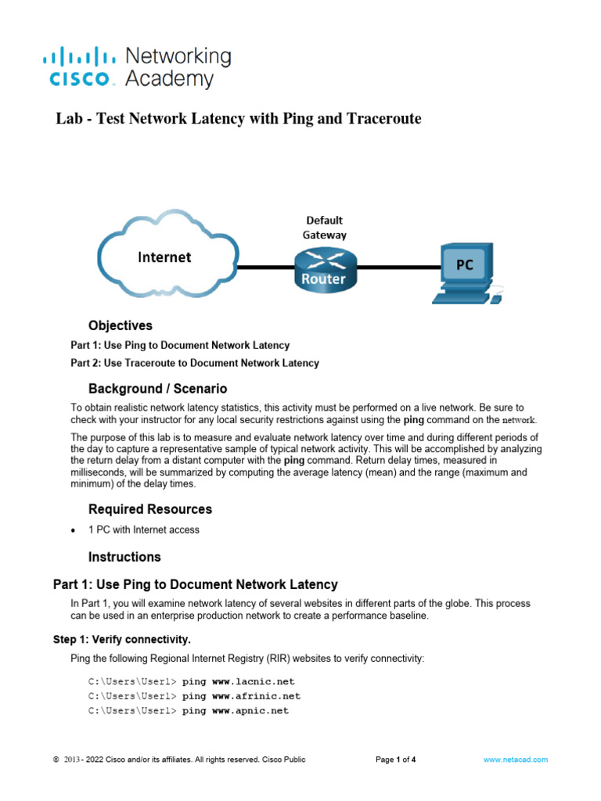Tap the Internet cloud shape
(x=164, y=257)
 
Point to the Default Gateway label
(x=324, y=227)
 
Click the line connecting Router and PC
(x=395, y=268)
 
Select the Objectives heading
(x=120, y=325)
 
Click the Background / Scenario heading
(x=157, y=389)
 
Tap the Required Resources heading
(x=149, y=509)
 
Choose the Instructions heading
(x=124, y=557)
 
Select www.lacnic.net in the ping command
(x=253, y=681)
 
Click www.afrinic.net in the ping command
(x=256, y=696)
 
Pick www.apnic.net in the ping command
(x=250, y=711)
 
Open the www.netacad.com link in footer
(x=516, y=760)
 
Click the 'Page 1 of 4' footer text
(x=395, y=760)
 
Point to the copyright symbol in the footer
(x=56, y=760)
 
